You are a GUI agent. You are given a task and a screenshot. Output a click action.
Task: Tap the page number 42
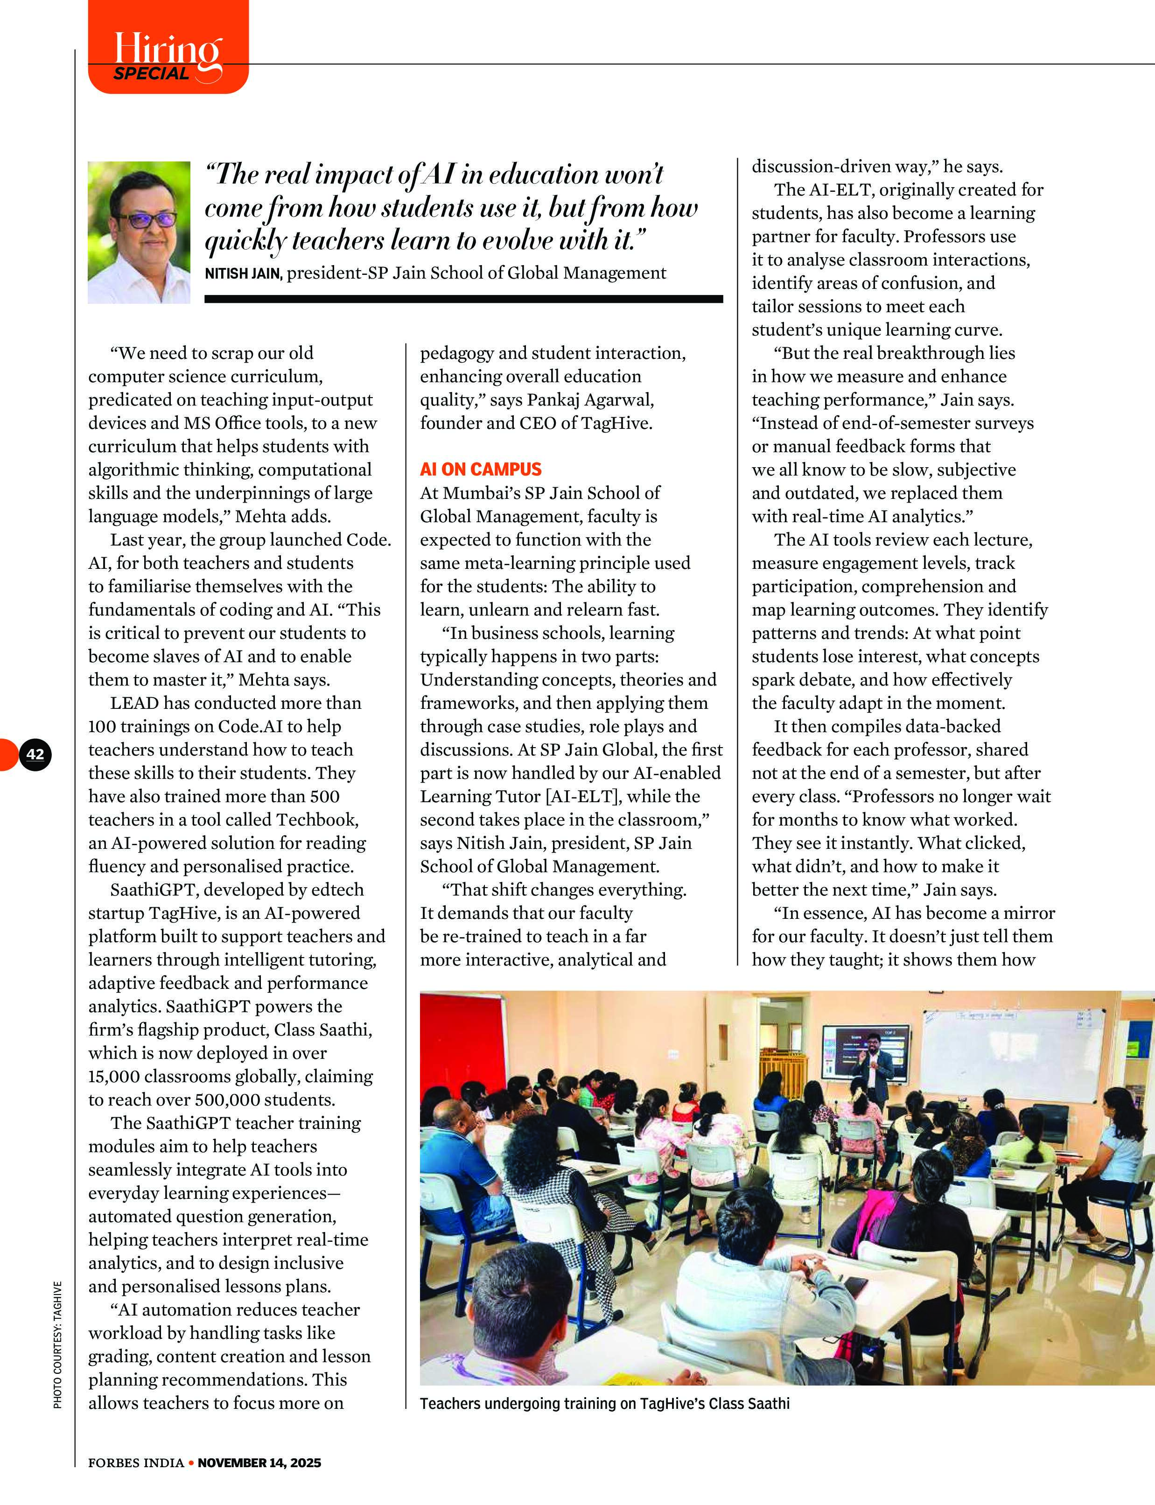35,754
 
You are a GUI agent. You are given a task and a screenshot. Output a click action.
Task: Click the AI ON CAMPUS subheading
481,469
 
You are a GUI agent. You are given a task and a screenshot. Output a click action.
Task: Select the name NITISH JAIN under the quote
243,273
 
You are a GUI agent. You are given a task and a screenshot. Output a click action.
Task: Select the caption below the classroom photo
604,1403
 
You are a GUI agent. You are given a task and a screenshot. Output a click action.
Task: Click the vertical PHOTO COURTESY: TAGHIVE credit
58,1344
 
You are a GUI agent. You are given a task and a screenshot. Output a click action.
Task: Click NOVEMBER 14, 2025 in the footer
259,1463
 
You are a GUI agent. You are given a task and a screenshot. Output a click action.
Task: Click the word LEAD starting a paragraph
134,703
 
